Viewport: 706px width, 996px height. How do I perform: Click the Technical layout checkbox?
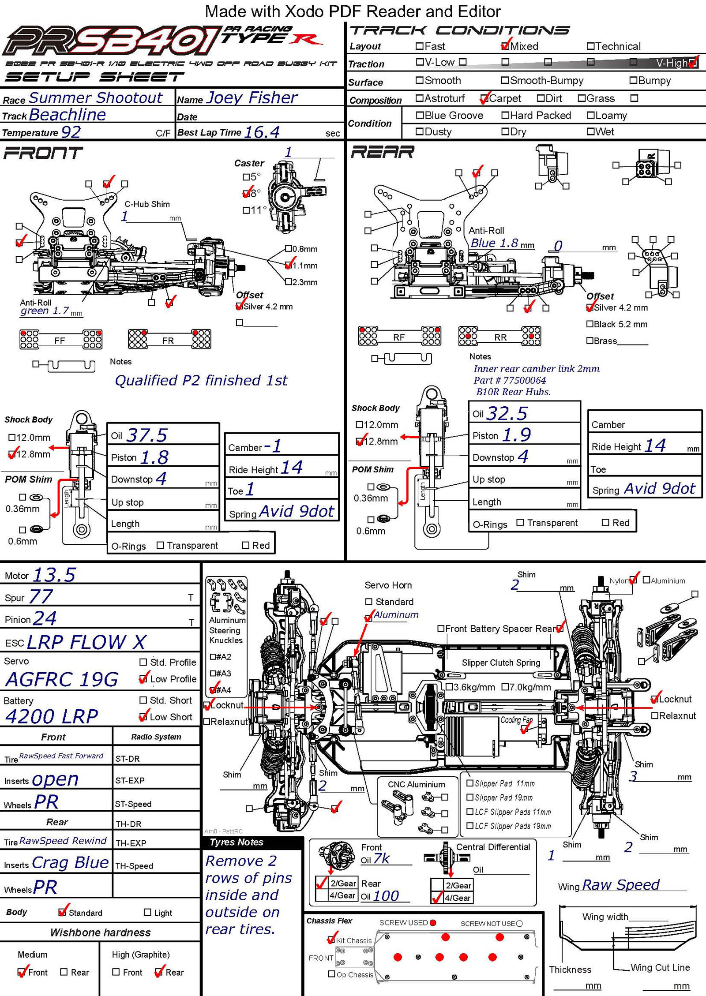click(x=590, y=46)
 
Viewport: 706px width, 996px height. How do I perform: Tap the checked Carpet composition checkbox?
click(x=484, y=98)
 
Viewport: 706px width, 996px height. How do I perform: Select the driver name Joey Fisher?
click(x=252, y=97)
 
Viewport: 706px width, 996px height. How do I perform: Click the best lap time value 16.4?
click(x=262, y=132)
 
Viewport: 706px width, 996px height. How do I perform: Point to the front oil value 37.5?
click(x=146, y=435)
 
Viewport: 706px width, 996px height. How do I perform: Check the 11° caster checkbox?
click(x=246, y=210)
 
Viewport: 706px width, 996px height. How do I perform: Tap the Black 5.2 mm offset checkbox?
click(x=590, y=324)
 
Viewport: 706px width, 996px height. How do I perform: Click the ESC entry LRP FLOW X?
click(x=86, y=642)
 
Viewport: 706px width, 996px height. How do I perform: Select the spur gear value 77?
click(x=41, y=597)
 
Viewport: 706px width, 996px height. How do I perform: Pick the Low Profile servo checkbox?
click(x=143, y=679)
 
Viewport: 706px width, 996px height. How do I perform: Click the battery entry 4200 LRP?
click(x=52, y=716)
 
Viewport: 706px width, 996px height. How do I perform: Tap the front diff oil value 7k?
click(x=381, y=858)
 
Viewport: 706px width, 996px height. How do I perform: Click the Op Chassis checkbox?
click(x=332, y=974)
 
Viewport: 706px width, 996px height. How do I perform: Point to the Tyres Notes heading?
click(x=237, y=842)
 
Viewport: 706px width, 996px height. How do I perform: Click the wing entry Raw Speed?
click(x=620, y=884)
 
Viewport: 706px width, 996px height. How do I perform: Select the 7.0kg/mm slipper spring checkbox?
click(x=505, y=687)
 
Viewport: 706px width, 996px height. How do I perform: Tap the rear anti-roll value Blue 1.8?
click(x=494, y=243)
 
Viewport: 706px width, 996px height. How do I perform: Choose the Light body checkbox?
click(x=147, y=912)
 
